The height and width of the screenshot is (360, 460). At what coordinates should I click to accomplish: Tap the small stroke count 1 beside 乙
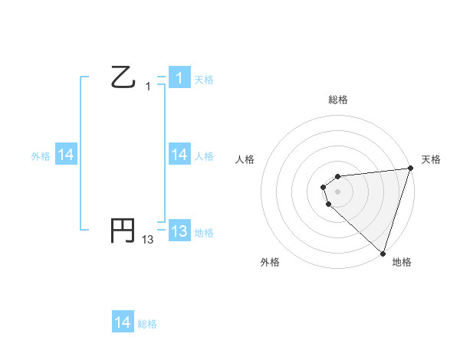click(148, 87)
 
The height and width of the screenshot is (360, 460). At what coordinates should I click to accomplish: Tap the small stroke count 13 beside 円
click(148, 240)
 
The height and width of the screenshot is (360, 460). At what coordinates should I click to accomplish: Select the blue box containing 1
click(179, 77)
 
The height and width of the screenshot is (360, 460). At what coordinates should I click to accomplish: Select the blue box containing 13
click(179, 231)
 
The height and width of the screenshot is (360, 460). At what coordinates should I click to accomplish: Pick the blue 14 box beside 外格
click(66, 155)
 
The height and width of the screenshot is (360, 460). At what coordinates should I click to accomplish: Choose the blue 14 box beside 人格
click(179, 155)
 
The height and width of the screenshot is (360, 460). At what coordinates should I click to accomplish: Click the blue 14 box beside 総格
click(123, 322)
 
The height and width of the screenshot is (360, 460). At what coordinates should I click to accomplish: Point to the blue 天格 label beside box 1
click(204, 79)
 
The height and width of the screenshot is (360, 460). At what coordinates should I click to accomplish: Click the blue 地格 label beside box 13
click(204, 232)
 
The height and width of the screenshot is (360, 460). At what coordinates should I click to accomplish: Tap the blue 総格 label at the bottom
click(147, 324)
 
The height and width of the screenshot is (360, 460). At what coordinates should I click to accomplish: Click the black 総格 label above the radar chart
click(338, 100)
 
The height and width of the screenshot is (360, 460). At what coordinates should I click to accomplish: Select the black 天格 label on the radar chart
click(431, 159)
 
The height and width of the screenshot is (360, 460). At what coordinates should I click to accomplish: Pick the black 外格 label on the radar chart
click(270, 262)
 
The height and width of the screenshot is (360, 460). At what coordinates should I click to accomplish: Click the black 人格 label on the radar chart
click(245, 159)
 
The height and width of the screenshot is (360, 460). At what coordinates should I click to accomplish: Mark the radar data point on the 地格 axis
click(383, 253)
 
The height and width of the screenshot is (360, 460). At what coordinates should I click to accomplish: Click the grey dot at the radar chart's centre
click(337, 191)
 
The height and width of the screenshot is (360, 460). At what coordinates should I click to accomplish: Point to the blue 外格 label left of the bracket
click(41, 156)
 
